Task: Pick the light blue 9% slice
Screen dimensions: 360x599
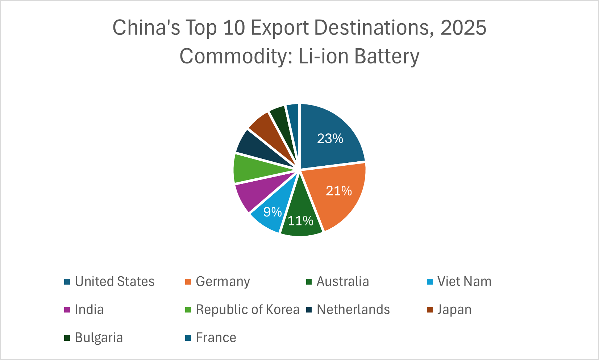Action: [270, 214]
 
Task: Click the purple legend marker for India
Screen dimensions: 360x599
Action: [67, 310]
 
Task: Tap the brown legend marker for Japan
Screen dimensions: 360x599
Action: [430, 310]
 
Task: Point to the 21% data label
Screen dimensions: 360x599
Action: [339, 191]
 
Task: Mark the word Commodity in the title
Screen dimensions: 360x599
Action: [236, 56]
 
